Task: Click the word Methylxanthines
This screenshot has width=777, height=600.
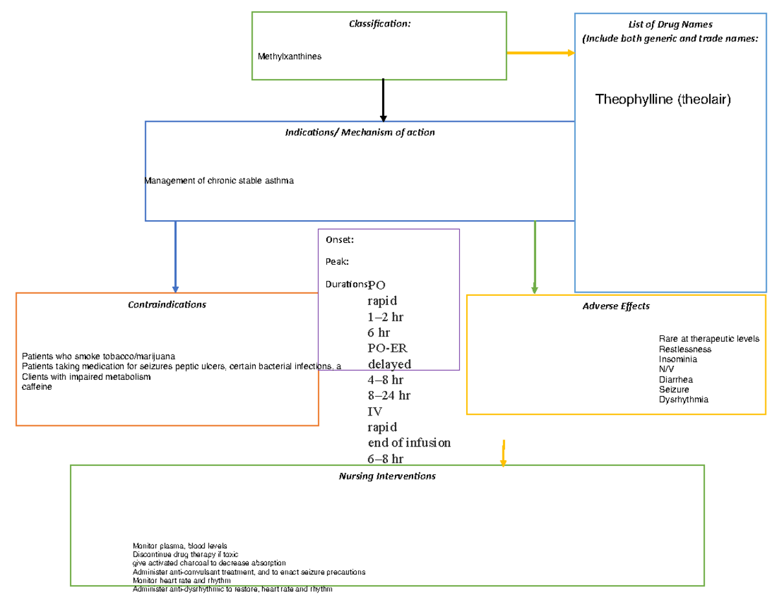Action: pos(289,56)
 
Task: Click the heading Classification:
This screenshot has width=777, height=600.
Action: pos(379,24)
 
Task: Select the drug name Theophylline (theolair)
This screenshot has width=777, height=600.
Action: pos(662,99)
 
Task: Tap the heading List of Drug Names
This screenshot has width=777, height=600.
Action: pos(670,25)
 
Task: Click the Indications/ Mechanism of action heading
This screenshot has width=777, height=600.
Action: pos(360,132)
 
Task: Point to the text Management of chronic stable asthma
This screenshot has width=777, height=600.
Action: pos(220,181)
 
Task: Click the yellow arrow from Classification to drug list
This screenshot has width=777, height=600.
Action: pos(540,53)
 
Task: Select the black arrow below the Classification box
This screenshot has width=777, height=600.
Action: pos(383,100)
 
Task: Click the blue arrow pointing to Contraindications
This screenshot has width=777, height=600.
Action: pos(175,256)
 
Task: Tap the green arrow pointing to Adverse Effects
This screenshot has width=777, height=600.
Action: pos(535,256)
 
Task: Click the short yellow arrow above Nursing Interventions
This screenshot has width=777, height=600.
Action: pos(503,453)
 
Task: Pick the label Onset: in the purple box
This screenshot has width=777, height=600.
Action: pos(339,239)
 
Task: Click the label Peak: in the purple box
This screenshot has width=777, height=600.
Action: pos(337,261)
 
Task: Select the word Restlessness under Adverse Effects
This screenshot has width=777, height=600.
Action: pos(685,349)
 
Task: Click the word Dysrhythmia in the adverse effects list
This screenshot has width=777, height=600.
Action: pos(683,399)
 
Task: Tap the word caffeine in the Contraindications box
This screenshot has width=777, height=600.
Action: pos(37,386)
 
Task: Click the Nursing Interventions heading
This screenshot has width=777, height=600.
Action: pos(387,476)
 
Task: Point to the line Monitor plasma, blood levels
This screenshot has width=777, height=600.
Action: pos(180,546)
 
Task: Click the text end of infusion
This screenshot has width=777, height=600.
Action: pos(409,443)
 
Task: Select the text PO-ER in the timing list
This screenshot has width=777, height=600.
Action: pos(387,348)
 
